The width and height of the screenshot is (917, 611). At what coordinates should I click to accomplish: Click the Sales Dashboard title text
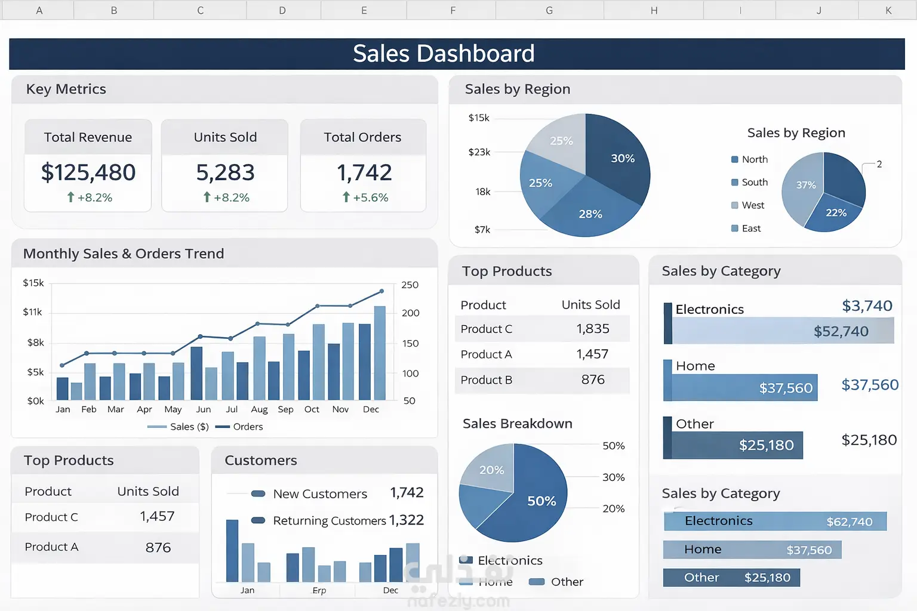point(443,54)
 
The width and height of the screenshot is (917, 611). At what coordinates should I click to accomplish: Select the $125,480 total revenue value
point(88,172)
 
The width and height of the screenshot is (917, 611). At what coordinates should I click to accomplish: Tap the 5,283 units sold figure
point(225,172)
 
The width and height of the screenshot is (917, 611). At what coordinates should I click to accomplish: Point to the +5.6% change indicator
point(365,198)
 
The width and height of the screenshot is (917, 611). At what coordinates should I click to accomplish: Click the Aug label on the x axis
point(259,409)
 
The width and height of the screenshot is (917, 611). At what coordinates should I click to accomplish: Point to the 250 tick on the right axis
point(410,285)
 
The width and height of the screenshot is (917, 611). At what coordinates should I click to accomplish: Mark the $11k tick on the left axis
point(33,312)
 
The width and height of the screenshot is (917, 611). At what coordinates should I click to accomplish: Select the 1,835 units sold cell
point(592,329)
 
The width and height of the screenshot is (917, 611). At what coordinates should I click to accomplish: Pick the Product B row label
point(486,380)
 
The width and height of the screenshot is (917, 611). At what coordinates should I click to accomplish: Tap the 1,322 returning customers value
point(406,520)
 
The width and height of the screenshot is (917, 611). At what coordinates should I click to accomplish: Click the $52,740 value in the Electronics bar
point(841,331)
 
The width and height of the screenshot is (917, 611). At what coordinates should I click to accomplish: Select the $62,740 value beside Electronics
point(849,522)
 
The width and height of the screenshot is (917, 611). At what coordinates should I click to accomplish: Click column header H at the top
point(654,10)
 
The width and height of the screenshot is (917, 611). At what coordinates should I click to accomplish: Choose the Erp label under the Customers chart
point(319,590)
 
